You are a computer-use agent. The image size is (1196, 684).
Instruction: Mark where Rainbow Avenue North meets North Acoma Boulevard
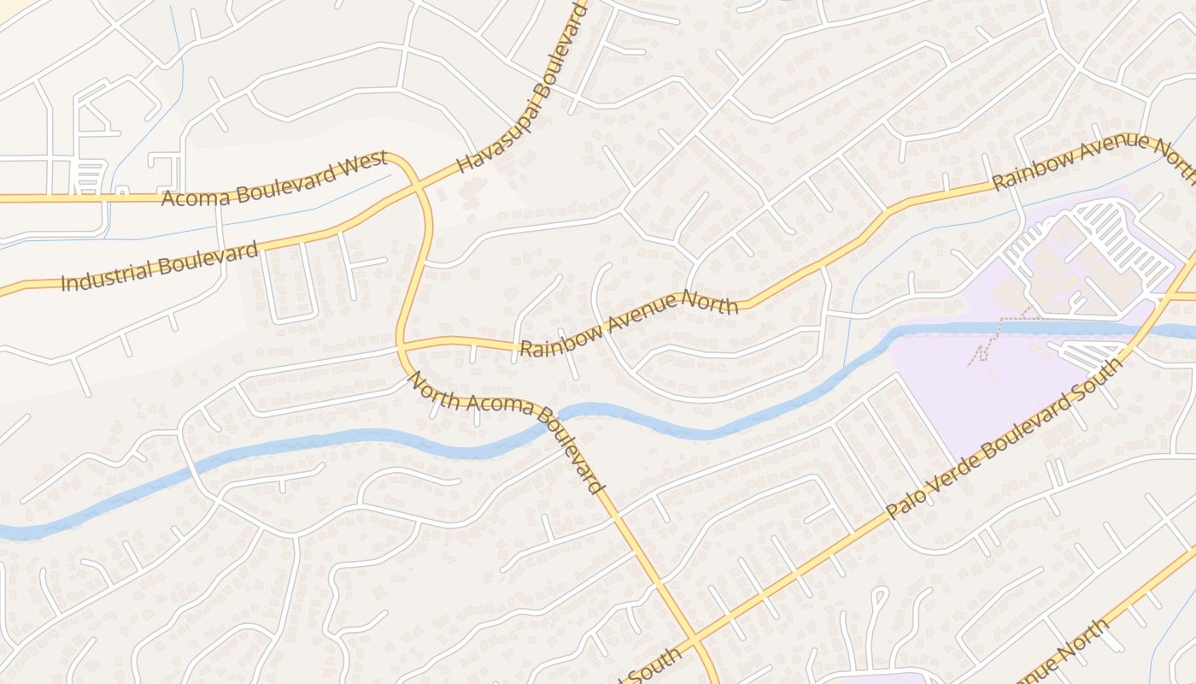(401, 346)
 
